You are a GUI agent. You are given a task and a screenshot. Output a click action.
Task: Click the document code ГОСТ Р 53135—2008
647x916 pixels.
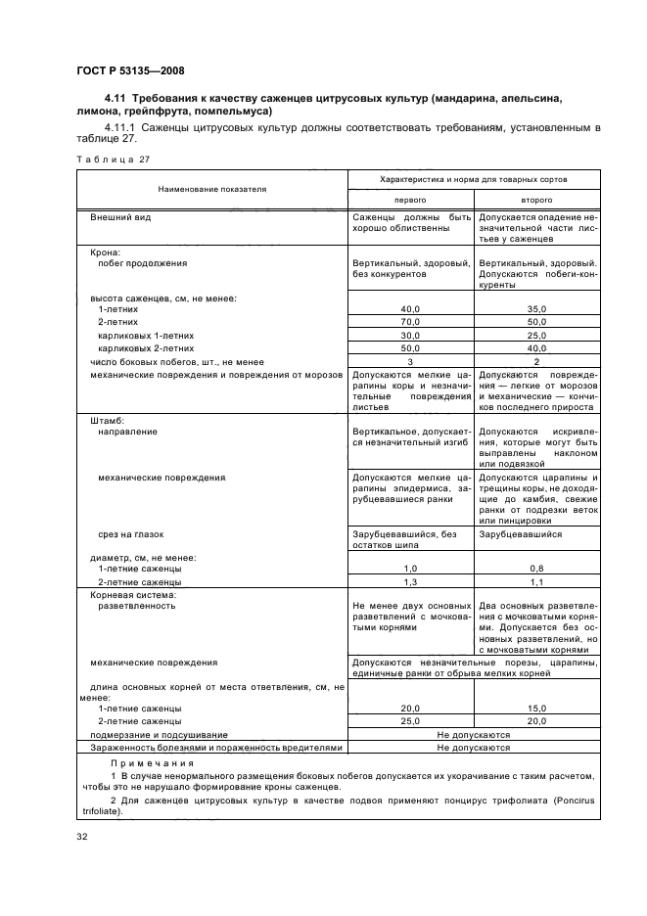click(130, 70)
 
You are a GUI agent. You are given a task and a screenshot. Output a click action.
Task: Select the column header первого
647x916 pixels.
click(411, 198)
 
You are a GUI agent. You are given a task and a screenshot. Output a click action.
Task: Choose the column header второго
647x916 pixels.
click(536, 198)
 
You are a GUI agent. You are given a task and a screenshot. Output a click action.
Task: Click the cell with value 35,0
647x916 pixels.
click(536, 308)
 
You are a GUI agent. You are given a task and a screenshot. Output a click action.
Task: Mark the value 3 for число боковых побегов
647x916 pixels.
click(411, 361)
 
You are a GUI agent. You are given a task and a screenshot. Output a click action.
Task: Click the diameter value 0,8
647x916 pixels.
click(536, 569)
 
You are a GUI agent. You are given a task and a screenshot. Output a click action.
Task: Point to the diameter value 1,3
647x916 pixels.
click(411, 582)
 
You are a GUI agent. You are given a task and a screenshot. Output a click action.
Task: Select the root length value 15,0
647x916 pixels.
click(536, 708)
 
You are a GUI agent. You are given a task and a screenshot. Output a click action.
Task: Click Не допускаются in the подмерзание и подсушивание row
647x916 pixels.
click(474, 734)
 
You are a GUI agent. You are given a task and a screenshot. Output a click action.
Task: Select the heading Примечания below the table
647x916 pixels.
click(152, 763)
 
